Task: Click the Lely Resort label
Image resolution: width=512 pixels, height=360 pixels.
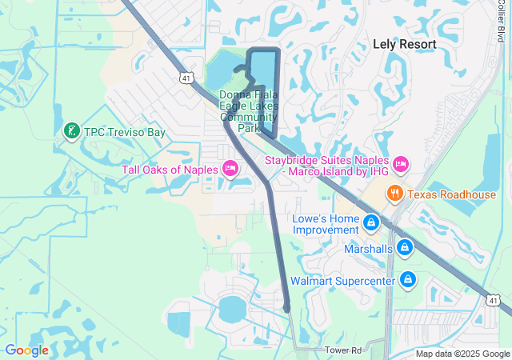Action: (x=405, y=44)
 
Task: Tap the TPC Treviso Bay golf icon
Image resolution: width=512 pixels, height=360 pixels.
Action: (x=70, y=131)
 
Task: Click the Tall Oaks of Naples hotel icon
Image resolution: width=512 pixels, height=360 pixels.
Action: (x=230, y=168)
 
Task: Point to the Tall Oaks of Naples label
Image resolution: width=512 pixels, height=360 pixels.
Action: (x=170, y=169)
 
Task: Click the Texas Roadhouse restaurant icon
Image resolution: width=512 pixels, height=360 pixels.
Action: (x=394, y=194)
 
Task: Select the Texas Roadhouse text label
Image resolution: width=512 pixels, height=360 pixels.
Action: (x=452, y=194)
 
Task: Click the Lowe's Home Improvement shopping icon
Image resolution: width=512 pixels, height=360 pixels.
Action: (x=371, y=222)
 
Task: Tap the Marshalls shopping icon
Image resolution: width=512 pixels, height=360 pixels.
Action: (x=405, y=248)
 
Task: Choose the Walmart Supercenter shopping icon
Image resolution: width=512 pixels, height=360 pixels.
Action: (x=408, y=280)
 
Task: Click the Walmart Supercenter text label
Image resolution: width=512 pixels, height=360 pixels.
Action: (x=342, y=281)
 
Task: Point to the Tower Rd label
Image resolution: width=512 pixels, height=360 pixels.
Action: (x=344, y=350)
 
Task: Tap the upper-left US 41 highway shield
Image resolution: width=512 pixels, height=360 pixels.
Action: (x=186, y=78)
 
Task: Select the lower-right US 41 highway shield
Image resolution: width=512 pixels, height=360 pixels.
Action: (x=494, y=300)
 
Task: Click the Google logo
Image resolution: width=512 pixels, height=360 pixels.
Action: (x=26, y=350)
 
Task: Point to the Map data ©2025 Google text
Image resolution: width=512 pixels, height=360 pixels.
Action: (x=462, y=354)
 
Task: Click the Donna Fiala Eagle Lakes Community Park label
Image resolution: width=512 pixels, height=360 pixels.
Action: (x=250, y=110)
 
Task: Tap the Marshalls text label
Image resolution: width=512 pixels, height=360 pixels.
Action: (x=368, y=249)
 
